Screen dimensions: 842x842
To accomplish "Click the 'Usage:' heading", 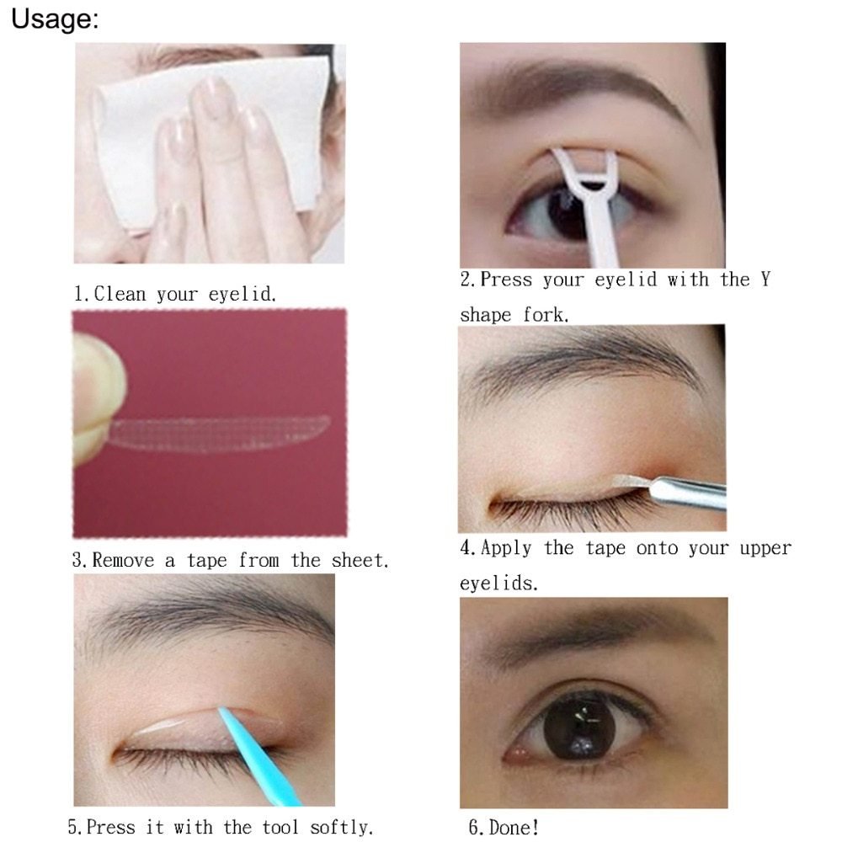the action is pos(55,20).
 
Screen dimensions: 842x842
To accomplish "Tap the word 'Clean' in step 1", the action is pos(120,294).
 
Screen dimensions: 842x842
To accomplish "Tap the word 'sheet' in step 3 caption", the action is pos(358,560).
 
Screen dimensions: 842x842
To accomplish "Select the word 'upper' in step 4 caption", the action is pos(765,548).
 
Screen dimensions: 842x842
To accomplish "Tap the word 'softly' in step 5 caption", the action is pos(340,827).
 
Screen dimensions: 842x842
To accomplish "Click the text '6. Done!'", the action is pos(504,827).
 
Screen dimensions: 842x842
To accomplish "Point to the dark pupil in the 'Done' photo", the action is pos(579,725).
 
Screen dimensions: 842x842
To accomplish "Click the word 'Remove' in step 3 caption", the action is pos(123,560).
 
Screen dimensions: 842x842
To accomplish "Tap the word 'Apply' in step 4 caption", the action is pos(506,548).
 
